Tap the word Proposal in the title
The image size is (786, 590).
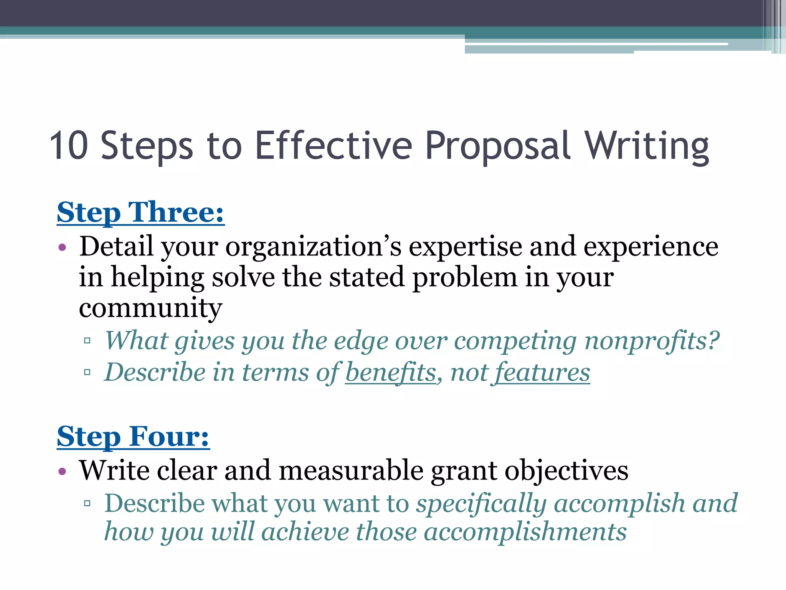(x=498, y=146)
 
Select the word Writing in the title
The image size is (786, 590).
(x=647, y=146)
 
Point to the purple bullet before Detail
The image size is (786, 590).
(x=63, y=247)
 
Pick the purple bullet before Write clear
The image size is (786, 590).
(x=63, y=471)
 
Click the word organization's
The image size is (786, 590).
(x=313, y=247)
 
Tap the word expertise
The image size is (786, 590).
(x=465, y=247)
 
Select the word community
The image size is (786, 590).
(x=150, y=308)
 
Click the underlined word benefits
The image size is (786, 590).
(x=391, y=373)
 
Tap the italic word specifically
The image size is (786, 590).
(x=481, y=503)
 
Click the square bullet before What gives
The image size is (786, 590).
(x=88, y=340)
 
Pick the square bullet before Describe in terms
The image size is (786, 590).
(x=88, y=372)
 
